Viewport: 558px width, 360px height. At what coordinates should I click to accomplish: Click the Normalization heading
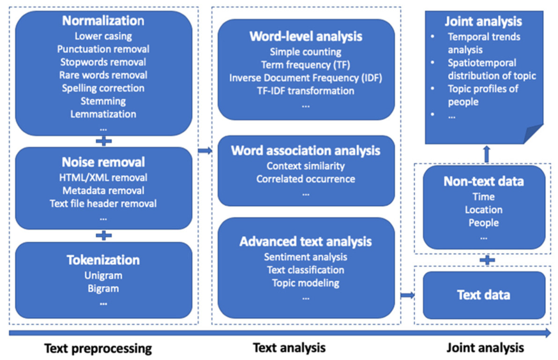click(x=103, y=21)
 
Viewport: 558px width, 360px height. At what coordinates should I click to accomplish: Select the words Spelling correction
click(x=103, y=88)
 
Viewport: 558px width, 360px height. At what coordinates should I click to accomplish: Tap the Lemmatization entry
click(x=103, y=114)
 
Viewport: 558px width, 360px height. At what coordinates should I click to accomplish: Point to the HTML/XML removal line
click(x=103, y=177)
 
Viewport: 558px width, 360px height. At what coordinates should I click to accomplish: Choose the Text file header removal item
click(x=103, y=204)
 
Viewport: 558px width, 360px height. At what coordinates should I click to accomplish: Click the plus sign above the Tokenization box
click(x=103, y=236)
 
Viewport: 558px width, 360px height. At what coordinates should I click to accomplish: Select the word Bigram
click(x=103, y=289)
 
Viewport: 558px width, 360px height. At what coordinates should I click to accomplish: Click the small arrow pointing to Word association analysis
click(x=205, y=151)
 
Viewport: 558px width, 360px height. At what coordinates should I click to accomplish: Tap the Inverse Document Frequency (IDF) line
click(x=306, y=77)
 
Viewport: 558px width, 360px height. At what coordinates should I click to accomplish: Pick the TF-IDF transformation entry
click(x=306, y=91)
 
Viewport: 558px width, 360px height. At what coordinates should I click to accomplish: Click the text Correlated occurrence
click(x=306, y=179)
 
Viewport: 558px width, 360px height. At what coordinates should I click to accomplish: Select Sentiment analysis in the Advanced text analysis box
click(x=306, y=257)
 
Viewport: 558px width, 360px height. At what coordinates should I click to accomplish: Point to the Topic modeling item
click(x=306, y=283)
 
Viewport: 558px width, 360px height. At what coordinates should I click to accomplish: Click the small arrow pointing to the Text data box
click(x=407, y=295)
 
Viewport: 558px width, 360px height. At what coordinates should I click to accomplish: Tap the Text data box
click(x=484, y=295)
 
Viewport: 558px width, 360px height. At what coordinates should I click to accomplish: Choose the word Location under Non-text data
click(x=483, y=209)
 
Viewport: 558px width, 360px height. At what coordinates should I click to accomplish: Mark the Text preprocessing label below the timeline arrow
click(x=98, y=349)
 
